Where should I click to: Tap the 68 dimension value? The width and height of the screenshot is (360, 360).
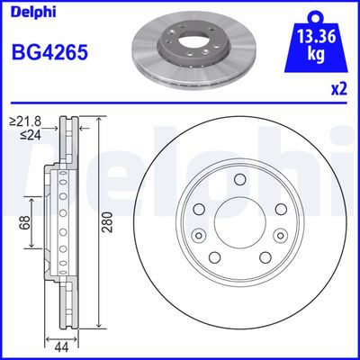pyautogui.click(x=29, y=220)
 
